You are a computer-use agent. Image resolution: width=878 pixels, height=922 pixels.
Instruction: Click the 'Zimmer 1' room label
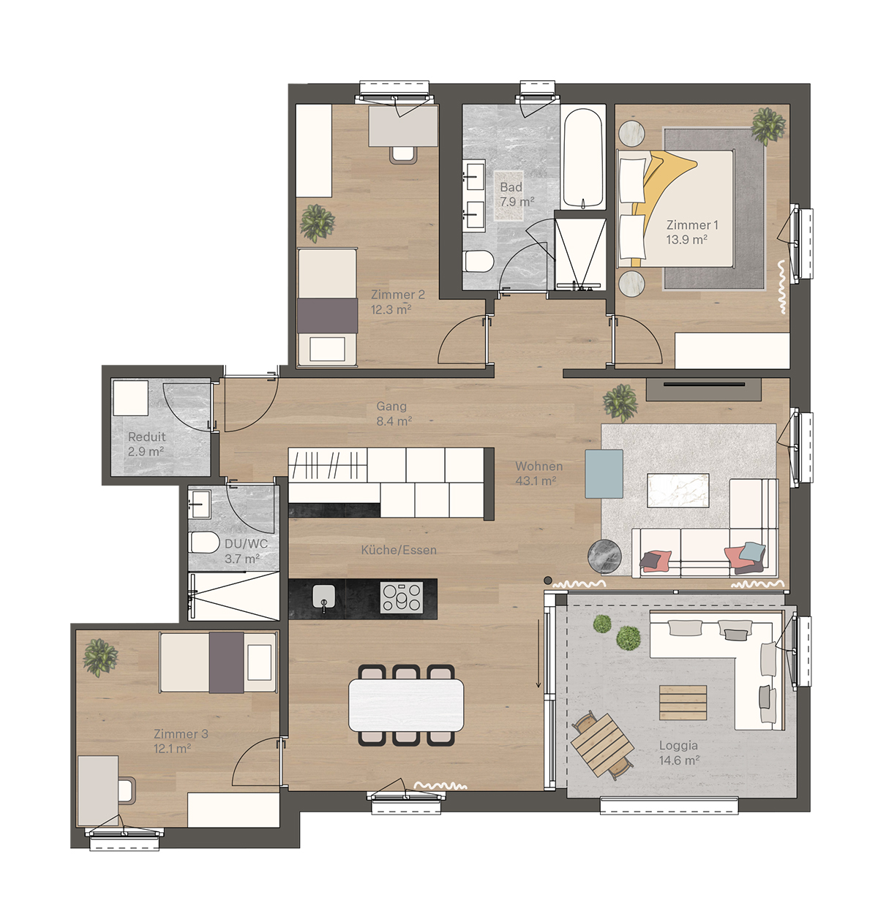coord(691,225)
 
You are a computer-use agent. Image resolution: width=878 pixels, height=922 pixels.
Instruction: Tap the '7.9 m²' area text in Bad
coord(517,202)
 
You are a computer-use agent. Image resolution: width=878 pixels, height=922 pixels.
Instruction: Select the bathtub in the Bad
coord(582,157)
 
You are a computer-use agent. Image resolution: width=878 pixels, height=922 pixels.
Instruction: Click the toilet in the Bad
coord(479,260)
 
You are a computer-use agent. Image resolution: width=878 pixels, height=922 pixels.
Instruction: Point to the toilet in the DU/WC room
coord(204,543)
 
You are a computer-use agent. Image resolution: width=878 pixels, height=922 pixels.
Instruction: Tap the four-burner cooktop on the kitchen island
coord(401,597)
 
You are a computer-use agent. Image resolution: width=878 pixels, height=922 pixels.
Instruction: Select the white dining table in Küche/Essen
coord(406,706)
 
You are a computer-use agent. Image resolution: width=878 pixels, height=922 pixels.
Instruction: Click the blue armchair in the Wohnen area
coord(604,474)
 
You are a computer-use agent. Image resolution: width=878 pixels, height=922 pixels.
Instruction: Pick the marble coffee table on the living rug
coord(678,490)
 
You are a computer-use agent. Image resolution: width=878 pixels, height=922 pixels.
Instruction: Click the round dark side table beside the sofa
coord(605,556)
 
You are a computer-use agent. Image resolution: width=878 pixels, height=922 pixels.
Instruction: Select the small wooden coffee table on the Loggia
coord(683,703)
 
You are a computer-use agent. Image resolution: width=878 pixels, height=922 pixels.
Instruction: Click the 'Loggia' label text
coord(678,746)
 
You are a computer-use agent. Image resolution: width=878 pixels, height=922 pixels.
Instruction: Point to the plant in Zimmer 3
coord(100,657)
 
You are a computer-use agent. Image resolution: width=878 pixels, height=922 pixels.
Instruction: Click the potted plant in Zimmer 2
coord(317,222)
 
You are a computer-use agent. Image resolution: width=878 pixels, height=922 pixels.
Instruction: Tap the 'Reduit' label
coord(146,437)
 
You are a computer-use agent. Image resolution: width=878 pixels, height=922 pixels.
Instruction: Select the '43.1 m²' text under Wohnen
coord(536,481)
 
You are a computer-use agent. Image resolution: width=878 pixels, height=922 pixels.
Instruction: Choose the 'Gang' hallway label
coord(391,406)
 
